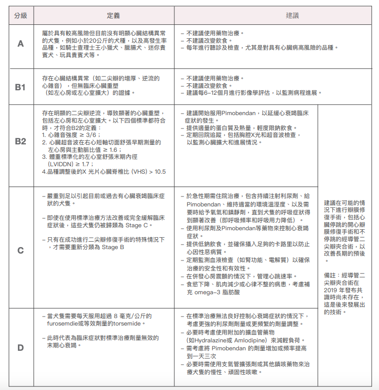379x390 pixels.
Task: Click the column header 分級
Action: [x=20, y=16]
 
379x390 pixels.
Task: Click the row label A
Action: [x=20, y=44]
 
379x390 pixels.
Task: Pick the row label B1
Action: [x=20, y=87]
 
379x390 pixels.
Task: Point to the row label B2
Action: [x=20, y=141]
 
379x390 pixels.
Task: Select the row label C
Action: [x=20, y=250]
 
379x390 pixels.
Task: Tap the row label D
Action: [x=20, y=347]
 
